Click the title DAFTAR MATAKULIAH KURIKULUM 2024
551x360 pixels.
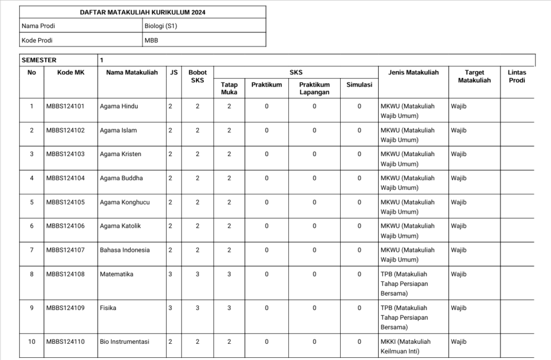pos(142,12)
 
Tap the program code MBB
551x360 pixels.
pos(151,40)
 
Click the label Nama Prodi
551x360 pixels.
pos(38,26)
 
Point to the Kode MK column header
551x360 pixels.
pos(71,73)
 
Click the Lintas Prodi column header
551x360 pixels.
pos(517,76)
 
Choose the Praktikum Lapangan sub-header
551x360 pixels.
pos(314,88)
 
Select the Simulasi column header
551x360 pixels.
pos(359,84)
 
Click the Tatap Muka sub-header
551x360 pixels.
pos(229,88)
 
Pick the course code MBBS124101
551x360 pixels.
pos(66,107)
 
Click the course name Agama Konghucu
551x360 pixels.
pos(125,202)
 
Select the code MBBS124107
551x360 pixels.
pos(66,250)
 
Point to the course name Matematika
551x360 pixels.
pos(116,274)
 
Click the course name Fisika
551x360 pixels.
pos(108,308)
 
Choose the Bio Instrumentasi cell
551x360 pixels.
pos(125,342)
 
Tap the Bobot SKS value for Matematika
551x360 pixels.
pos(197,274)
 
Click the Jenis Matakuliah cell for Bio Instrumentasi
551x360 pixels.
pos(407,347)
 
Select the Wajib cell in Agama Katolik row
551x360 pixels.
pos(458,226)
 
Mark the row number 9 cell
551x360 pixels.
pos(32,308)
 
